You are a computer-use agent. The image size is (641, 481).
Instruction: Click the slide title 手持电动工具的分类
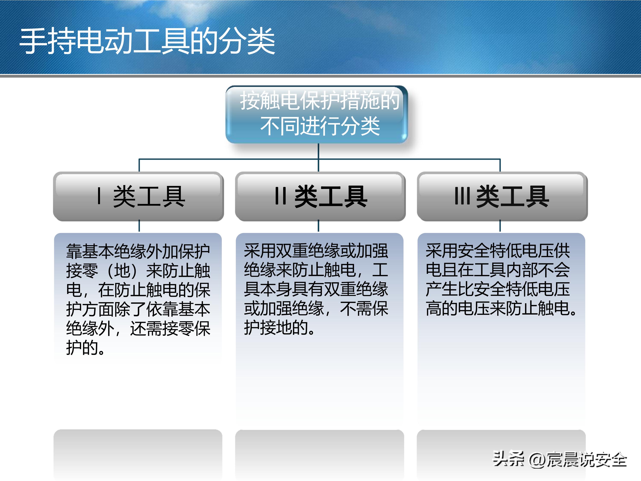(x=147, y=41)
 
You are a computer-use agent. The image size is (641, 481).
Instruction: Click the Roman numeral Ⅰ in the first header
(x=99, y=196)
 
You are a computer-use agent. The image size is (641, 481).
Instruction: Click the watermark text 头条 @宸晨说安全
(x=560, y=459)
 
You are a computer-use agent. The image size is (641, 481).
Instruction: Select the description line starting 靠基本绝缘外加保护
(x=138, y=251)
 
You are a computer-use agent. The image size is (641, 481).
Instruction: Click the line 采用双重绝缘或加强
(x=316, y=251)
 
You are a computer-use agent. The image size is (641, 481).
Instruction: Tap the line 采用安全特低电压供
(x=498, y=251)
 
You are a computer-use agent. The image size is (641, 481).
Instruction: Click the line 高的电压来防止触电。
(x=501, y=308)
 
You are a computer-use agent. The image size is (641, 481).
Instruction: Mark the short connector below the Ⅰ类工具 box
(x=139, y=226)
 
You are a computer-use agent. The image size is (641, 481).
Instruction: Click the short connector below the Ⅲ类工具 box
(x=500, y=226)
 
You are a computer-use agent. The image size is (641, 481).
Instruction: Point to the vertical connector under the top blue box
(x=319, y=151)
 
